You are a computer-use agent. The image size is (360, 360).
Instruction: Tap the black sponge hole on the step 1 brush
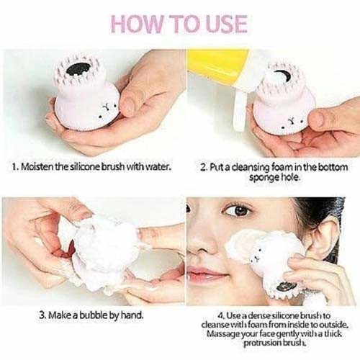pyautogui.click(x=77, y=69)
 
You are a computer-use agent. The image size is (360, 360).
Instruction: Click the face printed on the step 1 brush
pyautogui.click(x=107, y=109)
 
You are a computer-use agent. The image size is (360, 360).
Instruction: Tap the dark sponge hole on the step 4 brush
pyautogui.click(x=287, y=286)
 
